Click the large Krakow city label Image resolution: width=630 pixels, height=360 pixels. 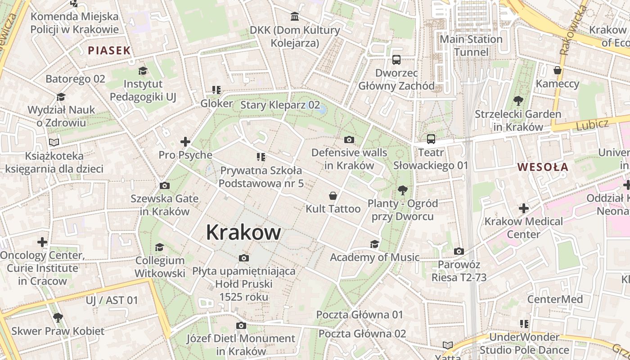coord(243,233)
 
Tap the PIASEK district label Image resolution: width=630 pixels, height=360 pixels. coord(109,50)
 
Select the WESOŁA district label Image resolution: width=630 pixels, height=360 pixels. coord(543,167)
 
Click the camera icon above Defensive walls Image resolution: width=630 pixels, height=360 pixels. coord(349,140)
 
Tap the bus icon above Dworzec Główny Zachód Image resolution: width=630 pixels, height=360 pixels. coord(396,60)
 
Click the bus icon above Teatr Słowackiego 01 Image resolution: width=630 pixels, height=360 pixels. coord(431,139)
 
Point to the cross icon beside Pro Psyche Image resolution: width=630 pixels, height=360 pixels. coord(185,142)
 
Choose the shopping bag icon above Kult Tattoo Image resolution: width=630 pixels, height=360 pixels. coord(333,196)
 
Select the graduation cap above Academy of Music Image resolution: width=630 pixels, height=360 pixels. coord(374,244)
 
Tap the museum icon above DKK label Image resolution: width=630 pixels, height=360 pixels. coord(295,17)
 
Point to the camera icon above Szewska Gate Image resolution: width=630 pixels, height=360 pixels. coord(165,185)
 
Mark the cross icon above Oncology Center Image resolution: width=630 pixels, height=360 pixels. coord(42,242)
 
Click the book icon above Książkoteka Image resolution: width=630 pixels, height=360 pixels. coord(54,142)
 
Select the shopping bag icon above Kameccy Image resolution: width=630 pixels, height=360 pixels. coord(558,70)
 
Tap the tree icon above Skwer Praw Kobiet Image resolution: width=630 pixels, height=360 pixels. coord(58,318)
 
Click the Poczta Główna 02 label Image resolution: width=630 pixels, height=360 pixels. coord(362,334)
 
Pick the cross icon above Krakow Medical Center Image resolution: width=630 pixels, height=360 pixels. coord(523,208)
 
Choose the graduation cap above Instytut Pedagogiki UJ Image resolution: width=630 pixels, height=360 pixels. coord(143,71)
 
